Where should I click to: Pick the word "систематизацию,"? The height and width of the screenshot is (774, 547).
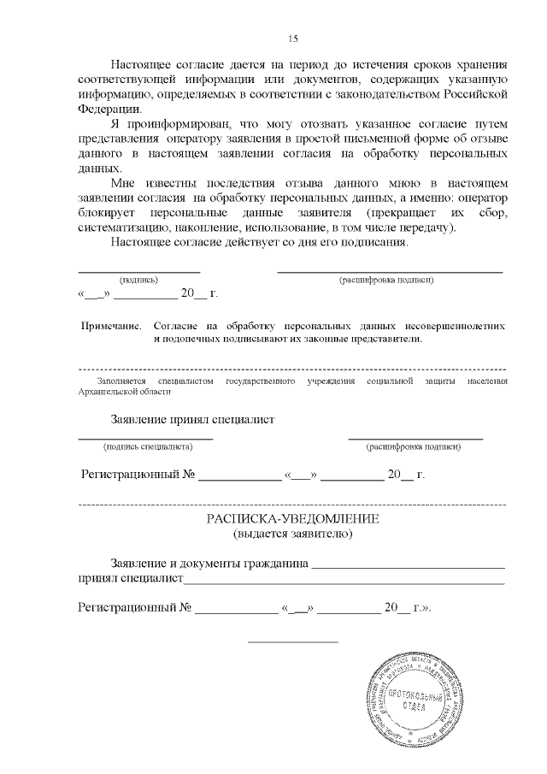(x=123, y=227)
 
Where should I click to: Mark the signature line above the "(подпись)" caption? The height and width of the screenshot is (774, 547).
(x=138, y=271)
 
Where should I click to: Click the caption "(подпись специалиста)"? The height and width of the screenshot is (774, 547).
(x=147, y=446)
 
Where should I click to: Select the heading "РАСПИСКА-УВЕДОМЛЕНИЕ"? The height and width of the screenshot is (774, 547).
(x=292, y=520)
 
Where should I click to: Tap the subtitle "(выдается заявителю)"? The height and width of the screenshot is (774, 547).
(x=292, y=535)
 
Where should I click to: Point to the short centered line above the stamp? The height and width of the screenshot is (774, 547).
(x=292, y=641)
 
